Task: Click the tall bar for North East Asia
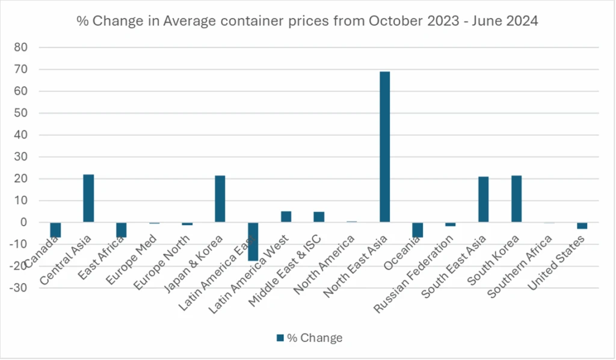(385, 147)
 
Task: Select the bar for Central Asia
(88, 198)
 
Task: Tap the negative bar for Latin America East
(253, 241)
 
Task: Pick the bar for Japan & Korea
(220, 199)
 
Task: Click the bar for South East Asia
(483, 199)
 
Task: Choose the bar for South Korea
(516, 199)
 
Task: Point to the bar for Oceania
(417, 229)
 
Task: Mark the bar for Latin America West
(286, 217)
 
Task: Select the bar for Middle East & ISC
(319, 217)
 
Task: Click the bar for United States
(582, 225)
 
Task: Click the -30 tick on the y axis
(26, 288)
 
